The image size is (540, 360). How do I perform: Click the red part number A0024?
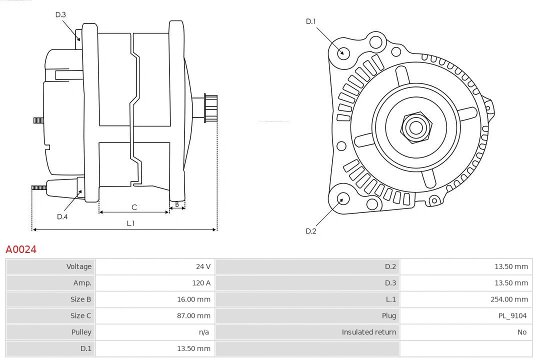pyautogui.click(x=21, y=249)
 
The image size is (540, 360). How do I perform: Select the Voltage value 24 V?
pyautogui.click(x=203, y=266)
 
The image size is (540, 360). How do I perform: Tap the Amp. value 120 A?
pyautogui.click(x=201, y=283)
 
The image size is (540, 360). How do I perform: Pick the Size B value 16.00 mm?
pyautogui.click(x=193, y=299)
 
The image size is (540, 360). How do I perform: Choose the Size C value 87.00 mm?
pyautogui.click(x=193, y=315)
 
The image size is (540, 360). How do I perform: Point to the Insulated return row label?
pyautogui.click(x=368, y=332)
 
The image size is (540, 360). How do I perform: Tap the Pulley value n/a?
pyautogui.click(x=203, y=332)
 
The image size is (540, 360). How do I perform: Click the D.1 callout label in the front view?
pyautogui.click(x=311, y=21)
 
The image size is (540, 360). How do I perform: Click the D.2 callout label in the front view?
pyautogui.click(x=311, y=231)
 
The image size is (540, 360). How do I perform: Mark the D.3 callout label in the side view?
pyautogui.click(x=60, y=14)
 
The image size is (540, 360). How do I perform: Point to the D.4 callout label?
pyautogui.click(x=62, y=216)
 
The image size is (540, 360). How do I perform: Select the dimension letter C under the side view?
pyautogui.click(x=134, y=207)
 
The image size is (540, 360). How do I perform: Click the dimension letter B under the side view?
pyautogui.click(x=177, y=204)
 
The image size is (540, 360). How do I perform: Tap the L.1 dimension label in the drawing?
pyautogui.click(x=130, y=223)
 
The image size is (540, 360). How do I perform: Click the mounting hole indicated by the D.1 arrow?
pyautogui.click(x=343, y=52)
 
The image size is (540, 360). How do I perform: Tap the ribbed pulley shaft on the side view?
pyautogui.click(x=210, y=108)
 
